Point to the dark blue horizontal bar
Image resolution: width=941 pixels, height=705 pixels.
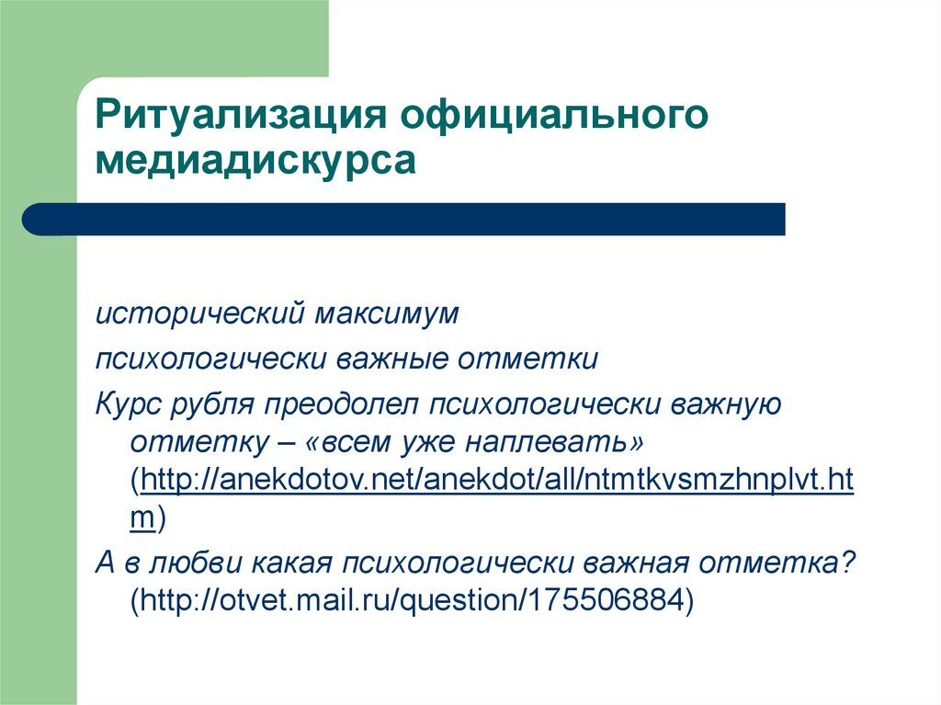404,220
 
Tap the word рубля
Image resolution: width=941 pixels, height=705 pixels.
220,404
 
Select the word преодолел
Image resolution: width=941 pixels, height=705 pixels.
340,404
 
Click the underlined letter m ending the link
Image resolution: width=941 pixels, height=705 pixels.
141,518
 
